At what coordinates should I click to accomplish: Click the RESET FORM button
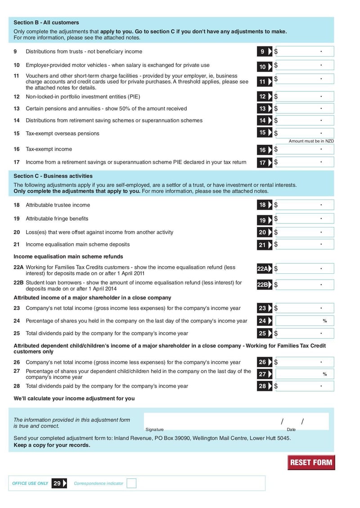point(311,462)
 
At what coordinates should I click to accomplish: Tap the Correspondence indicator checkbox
point(131,483)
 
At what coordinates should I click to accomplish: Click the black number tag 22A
point(265,269)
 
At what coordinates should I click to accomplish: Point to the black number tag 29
point(59,483)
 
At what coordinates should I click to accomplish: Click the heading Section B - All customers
point(46,22)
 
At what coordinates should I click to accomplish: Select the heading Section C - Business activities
point(53,176)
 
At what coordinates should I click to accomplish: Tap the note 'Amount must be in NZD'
point(311,141)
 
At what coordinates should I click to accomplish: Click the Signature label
point(154,430)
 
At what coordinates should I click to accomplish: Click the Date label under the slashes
point(291,430)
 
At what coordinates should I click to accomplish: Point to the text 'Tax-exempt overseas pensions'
point(63,134)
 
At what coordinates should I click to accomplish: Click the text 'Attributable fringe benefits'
point(57,218)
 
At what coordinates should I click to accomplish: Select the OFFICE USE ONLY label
point(30,483)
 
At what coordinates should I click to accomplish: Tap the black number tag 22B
point(265,285)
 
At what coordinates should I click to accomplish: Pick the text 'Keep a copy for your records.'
point(52,445)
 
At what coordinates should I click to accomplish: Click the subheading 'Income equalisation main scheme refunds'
point(68,257)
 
